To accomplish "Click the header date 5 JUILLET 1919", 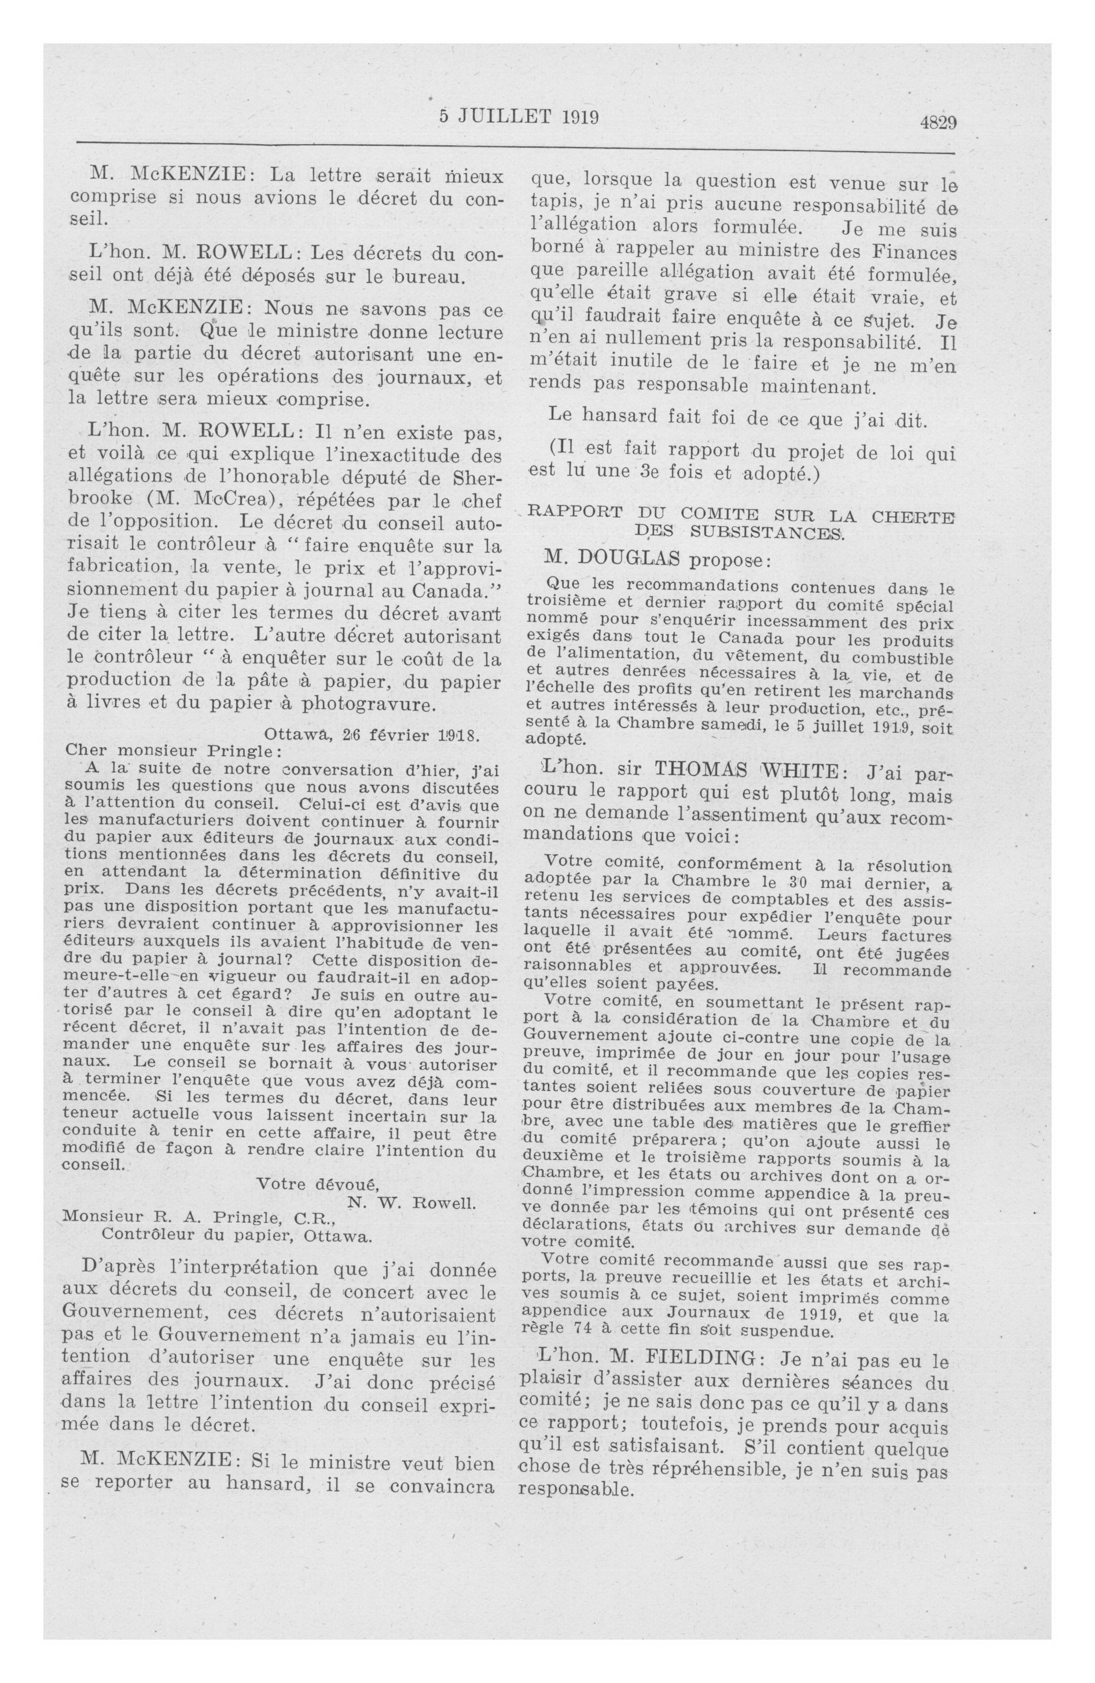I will [x=519, y=117].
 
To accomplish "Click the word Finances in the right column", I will [x=913, y=251].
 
